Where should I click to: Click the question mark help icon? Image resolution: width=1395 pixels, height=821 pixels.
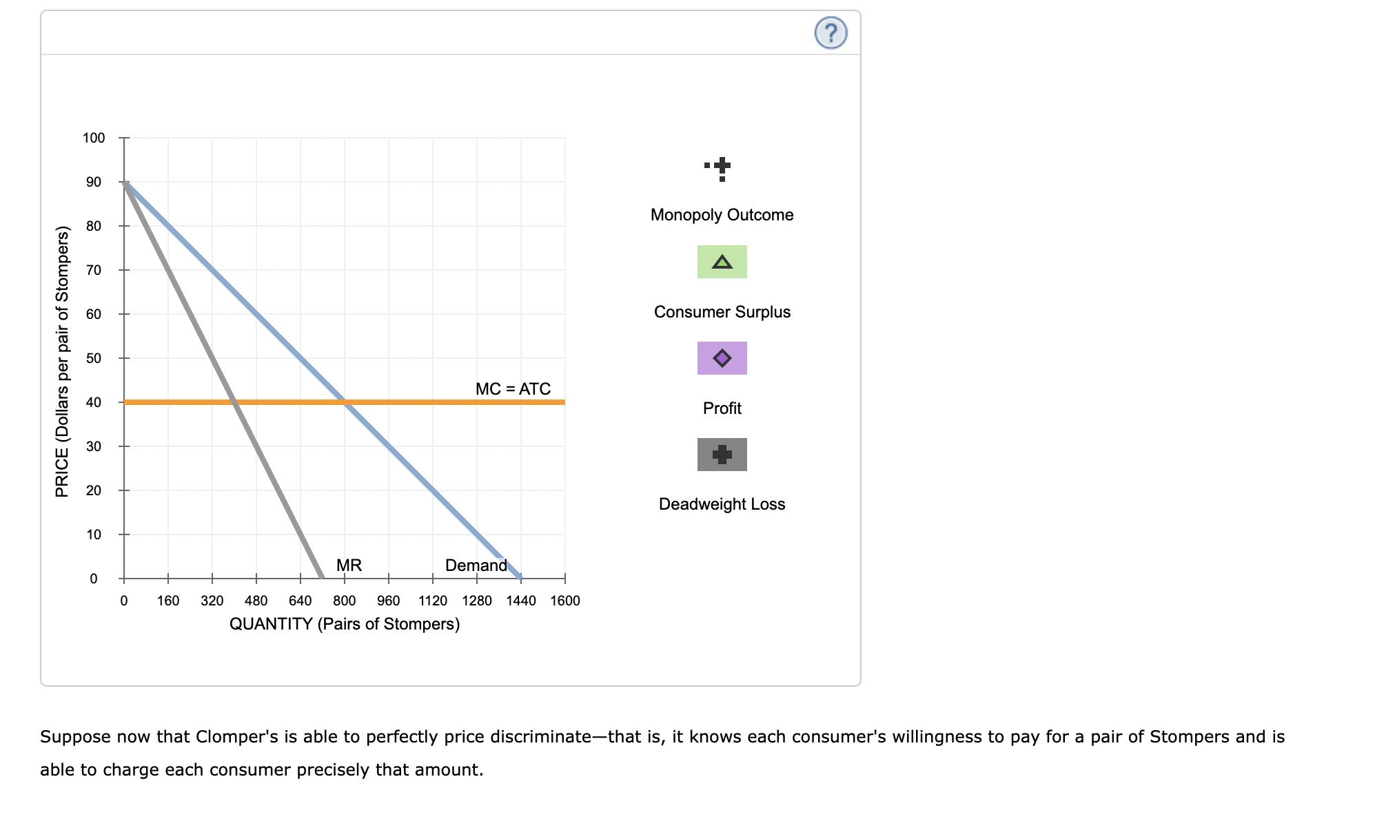coord(831,32)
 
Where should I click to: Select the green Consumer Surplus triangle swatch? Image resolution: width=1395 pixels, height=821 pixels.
coord(722,262)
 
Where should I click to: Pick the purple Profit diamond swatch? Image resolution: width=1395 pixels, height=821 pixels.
coord(722,358)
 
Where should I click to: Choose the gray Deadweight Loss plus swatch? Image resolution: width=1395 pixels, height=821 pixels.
coord(722,455)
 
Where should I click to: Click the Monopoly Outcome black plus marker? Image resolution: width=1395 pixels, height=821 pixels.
coord(722,166)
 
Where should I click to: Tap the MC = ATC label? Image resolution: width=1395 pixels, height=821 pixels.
coord(513,389)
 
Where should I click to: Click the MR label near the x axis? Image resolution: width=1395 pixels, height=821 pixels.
coord(349,565)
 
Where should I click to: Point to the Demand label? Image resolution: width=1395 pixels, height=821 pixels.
coord(476,565)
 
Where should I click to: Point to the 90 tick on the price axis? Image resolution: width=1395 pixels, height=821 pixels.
coord(94,182)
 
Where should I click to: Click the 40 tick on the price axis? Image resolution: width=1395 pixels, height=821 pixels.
coord(94,402)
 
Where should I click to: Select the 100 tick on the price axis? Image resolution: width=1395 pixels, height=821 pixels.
coord(94,138)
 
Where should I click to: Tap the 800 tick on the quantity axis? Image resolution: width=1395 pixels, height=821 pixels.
coord(345,601)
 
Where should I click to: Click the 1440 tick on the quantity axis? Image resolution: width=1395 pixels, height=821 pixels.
coord(521,601)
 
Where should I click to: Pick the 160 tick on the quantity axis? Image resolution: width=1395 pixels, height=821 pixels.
coord(168,601)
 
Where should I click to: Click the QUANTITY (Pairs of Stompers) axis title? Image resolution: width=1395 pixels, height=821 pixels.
coord(345,624)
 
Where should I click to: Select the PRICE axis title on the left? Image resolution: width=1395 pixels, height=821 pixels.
coord(63,362)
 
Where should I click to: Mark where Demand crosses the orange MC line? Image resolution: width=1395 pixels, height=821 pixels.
coord(345,402)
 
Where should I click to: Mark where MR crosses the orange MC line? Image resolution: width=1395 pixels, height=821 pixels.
coord(234,402)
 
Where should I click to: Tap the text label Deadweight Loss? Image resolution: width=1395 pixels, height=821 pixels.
coord(722,504)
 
